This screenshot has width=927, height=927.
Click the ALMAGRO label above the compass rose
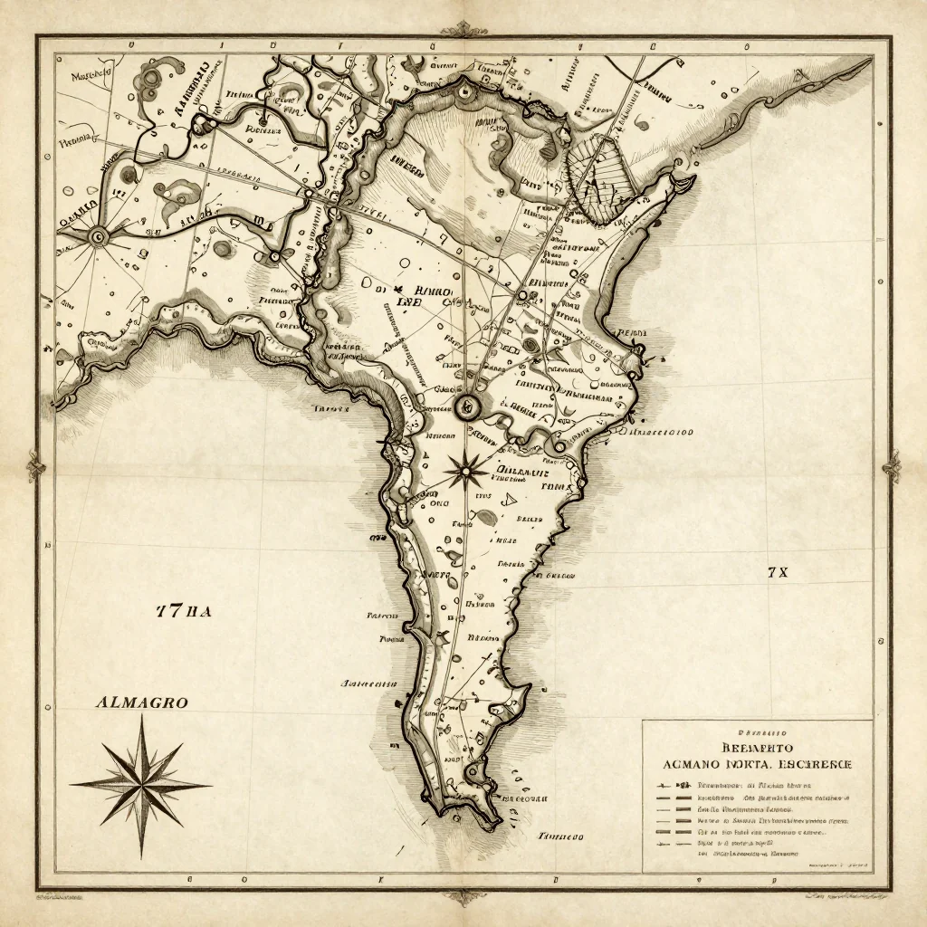pyautogui.click(x=140, y=702)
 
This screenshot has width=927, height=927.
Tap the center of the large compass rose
pyautogui.click(x=141, y=784)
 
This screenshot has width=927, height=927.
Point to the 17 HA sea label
pyautogui.click(x=184, y=611)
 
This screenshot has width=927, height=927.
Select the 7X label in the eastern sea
pyautogui.click(x=778, y=572)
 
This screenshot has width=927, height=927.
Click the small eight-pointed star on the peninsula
pyautogui.click(x=464, y=470)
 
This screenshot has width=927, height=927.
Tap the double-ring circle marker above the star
pyautogui.click(x=468, y=406)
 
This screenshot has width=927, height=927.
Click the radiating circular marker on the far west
pyautogui.click(x=97, y=237)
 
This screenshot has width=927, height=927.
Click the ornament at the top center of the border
pyautogui.click(x=463, y=29)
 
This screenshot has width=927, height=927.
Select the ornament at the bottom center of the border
pyautogui.click(x=463, y=896)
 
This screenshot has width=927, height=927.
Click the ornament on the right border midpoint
pyautogui.click(x=892, y=467)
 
